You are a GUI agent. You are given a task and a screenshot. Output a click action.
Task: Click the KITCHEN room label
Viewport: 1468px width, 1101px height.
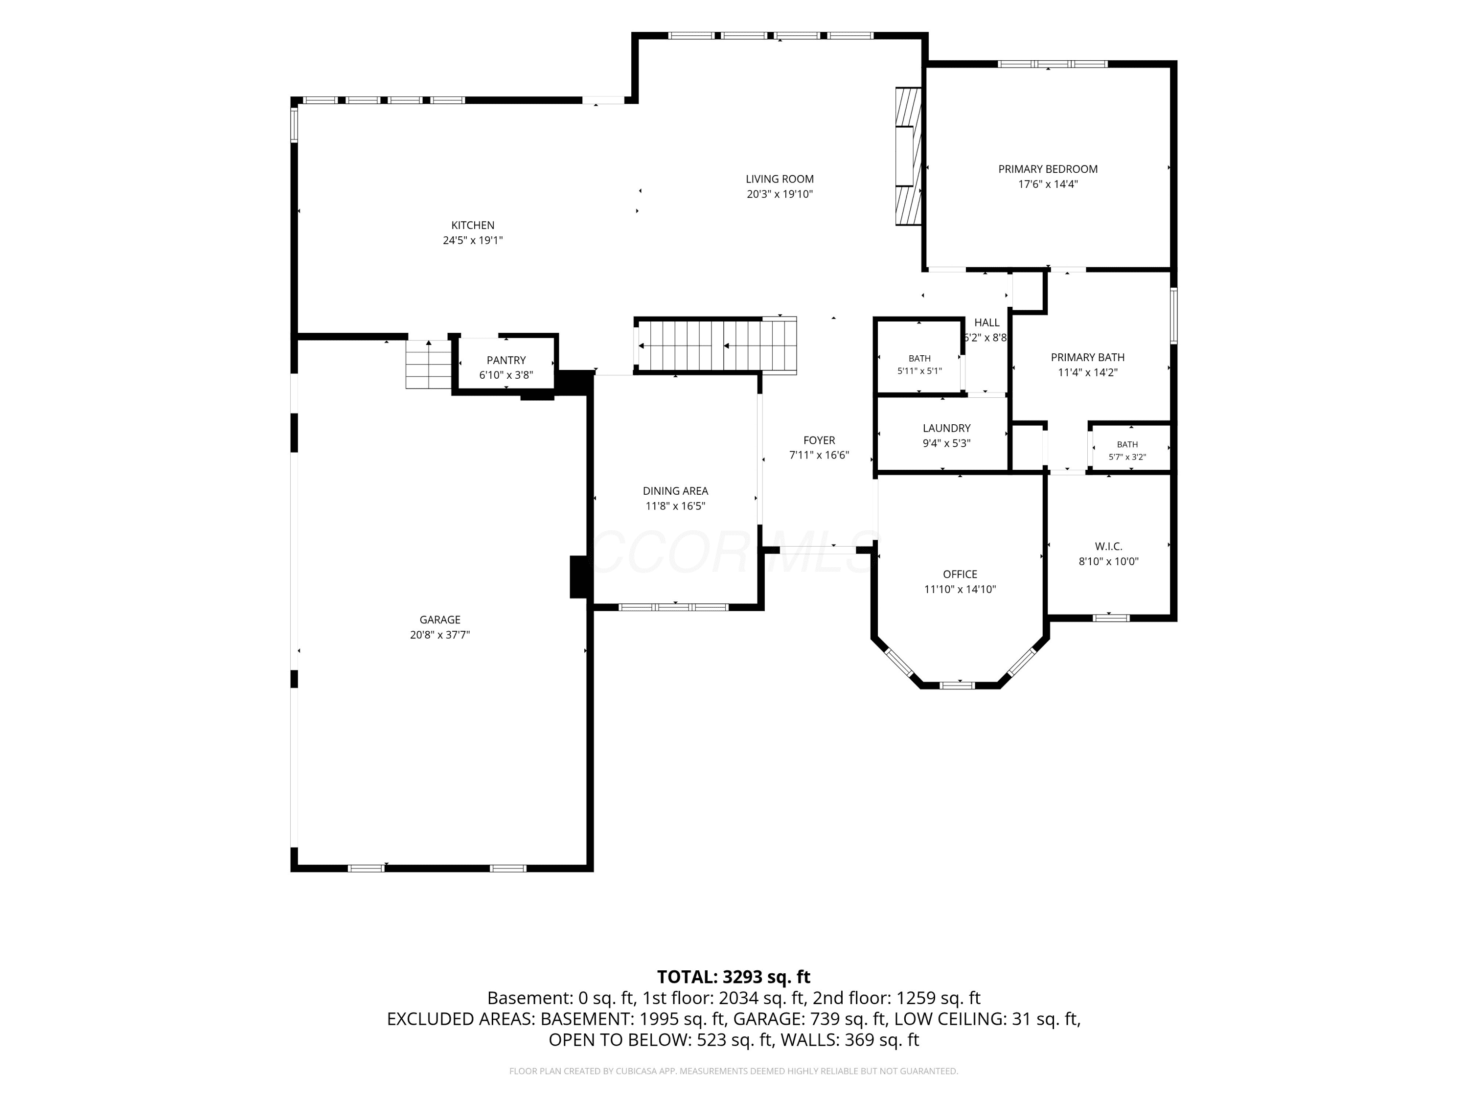click(473, 226)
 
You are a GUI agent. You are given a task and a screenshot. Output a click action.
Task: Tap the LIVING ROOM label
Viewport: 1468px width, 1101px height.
click(779, 179)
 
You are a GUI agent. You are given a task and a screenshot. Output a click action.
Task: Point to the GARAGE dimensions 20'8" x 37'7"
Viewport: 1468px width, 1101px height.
click(439, 635)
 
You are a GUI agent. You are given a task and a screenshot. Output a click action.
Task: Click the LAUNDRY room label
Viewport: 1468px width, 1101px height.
click(946, 429)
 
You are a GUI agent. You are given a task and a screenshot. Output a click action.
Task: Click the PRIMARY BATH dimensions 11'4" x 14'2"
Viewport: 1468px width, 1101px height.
click(1087, 373)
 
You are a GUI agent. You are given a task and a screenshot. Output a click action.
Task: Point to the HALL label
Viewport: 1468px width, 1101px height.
click(987, 322)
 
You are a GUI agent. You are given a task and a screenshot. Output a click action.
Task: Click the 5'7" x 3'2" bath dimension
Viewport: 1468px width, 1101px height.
click(1127, 457)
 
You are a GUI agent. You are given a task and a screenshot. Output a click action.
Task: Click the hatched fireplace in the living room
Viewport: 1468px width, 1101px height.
click(908, 156)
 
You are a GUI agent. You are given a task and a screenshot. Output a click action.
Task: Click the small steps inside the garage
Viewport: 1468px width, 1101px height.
click(429, 365)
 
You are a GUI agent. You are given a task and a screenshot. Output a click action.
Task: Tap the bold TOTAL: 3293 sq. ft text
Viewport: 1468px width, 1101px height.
click(734, 977)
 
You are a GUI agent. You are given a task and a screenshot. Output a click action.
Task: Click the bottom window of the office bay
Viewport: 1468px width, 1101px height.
click(957, 685)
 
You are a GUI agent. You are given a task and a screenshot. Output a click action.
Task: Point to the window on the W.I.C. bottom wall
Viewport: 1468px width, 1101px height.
click(1111, 618)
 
